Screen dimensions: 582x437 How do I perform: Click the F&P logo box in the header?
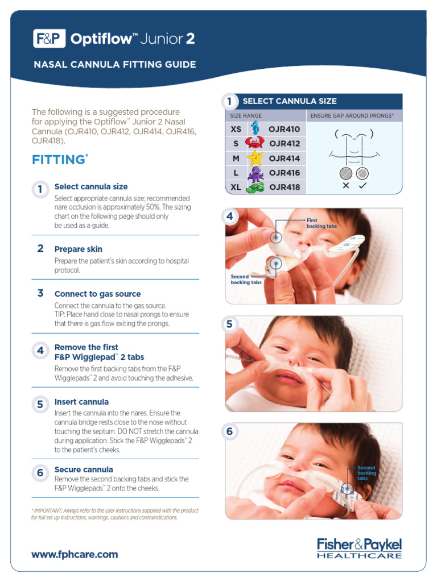click(49, 39)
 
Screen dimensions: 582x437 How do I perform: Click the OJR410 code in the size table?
click(284, 129)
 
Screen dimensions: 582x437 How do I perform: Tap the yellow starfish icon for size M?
click(255, 158)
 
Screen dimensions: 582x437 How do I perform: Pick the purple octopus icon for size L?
click(255, 173)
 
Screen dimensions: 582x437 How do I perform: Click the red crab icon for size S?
click(254, 144)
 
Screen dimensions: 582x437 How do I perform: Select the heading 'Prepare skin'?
click(79, 249)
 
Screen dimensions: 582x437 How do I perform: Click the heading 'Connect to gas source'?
click(97, 294)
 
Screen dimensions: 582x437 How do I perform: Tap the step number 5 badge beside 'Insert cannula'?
click(40, 405)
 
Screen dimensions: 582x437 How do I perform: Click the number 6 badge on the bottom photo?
click(230, 432)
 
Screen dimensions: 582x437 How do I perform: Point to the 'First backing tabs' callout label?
click(321, 223)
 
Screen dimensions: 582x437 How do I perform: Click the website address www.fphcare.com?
click(75, 554)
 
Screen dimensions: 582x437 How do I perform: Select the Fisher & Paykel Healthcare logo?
click(359, 548)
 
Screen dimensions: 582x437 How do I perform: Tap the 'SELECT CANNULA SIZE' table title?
click(290, 101)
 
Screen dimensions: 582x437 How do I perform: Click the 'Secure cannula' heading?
click(84, 469)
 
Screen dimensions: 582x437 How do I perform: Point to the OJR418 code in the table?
click(284, 187)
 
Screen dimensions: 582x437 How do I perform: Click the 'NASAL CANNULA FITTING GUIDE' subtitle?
click(114, 65)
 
